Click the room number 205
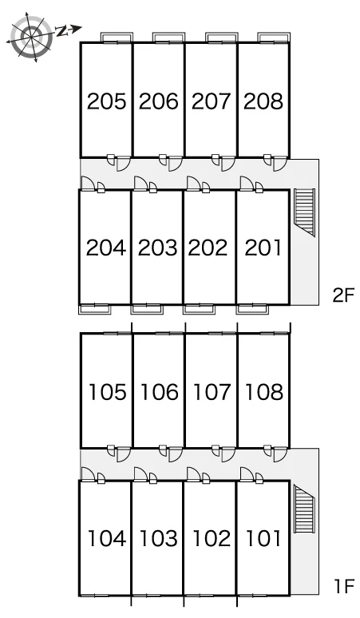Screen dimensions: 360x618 (x=106, y=101)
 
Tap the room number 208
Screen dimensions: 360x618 (x=263, y=101)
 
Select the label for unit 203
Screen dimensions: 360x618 (x=157, y=248)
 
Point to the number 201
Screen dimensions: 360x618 (x=263, y=248)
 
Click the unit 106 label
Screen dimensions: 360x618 (x=159, y=392)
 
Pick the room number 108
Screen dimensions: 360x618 (x=264, y=392)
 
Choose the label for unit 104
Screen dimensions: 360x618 (x=107, y=538)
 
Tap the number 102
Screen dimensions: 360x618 (x=212, y=538)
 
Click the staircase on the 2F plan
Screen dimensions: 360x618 (x=305, y=212)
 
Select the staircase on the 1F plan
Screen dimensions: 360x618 (x=305, y=509)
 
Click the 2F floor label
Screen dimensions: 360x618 (x=344, y=295)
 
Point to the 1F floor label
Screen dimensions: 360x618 (x=344, y=586)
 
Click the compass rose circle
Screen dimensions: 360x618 (x=31, y=37)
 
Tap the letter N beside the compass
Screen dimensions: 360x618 (x=61, y=31)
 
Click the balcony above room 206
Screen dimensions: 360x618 (x=168, y=38)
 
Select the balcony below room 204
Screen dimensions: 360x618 (x=95, y=309)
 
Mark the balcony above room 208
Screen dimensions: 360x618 (x=274, y=38)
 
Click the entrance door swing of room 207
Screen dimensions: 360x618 (x=228, y=163)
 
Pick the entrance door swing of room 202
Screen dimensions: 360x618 (x=193, y=184)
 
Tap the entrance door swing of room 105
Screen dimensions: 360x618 (x=123, y=454)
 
